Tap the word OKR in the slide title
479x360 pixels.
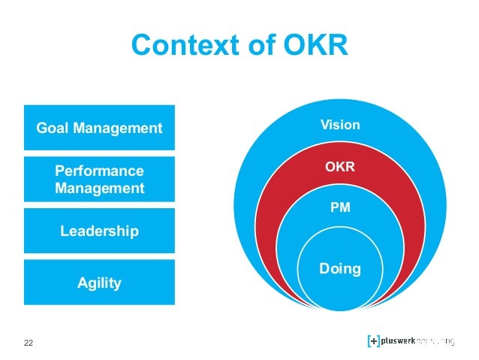click(x=314, y=47)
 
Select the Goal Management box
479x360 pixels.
click(x=99, y=128)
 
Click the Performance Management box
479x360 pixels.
click(x=99, y=179)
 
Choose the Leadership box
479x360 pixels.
click(x=99, y=231)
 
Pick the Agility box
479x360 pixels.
click(x=99, y=283)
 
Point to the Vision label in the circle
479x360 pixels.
click(x=340, y=125)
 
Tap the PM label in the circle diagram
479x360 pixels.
click(x=340, y=207)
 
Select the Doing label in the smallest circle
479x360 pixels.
click(x=340, y=268)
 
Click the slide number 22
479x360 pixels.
click(x=29, y=343)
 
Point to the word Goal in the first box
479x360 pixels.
click(x=52, y=128)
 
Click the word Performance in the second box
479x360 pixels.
click(x=99, y=171)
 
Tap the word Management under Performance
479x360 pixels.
click(x=99, y=188)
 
